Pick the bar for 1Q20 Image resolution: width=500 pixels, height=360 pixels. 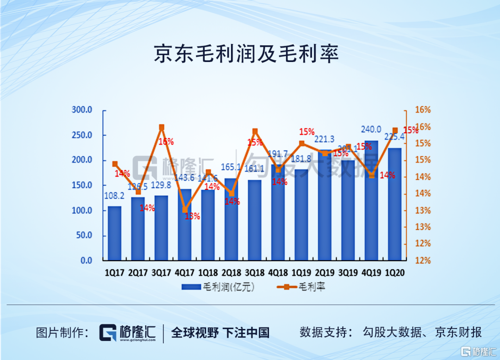click(394, 204)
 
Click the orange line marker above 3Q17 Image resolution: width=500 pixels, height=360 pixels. click(162, 127)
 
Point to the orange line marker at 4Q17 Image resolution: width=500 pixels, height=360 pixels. click(185, 210)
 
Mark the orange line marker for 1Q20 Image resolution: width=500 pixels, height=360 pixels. click(395, 130)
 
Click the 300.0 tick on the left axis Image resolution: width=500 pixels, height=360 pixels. click(82, 110)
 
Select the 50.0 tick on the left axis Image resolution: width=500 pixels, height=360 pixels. click(84, 236)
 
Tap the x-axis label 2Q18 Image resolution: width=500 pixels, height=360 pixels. click(231, 273)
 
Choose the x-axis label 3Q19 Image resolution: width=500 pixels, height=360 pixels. click(348, 273)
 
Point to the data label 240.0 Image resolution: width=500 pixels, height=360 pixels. click(371, 130)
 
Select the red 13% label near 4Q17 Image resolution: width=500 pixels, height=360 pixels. click(192, 216)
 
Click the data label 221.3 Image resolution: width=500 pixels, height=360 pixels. click(325, 139)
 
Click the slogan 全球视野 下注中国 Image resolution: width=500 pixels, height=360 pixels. click(220, 332)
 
